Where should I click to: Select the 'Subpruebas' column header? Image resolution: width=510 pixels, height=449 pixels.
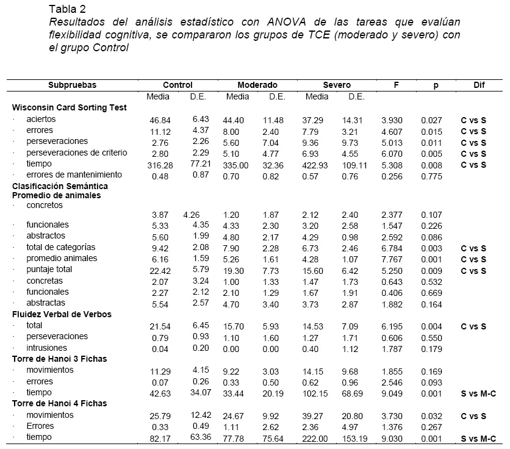[x=73, y=85]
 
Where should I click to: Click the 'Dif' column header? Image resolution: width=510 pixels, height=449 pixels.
[x=479, y=85]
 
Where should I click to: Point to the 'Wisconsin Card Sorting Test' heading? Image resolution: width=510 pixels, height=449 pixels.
[x=70, y=107]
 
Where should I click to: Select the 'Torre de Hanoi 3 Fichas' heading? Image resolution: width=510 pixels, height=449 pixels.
[x=59, y=359]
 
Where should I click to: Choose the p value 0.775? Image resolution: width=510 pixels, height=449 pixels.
[x=431, y=176]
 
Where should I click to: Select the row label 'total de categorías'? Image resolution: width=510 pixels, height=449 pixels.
[x=60, y=247]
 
